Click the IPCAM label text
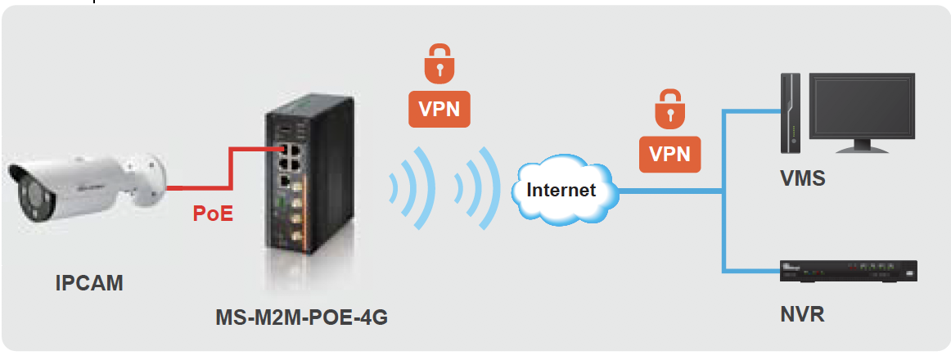(89, 284)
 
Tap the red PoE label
(214, 214)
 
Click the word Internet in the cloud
(561, 190)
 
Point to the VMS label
(804, 178)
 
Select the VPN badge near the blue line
(669, 153)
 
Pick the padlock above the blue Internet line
(669, 108)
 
